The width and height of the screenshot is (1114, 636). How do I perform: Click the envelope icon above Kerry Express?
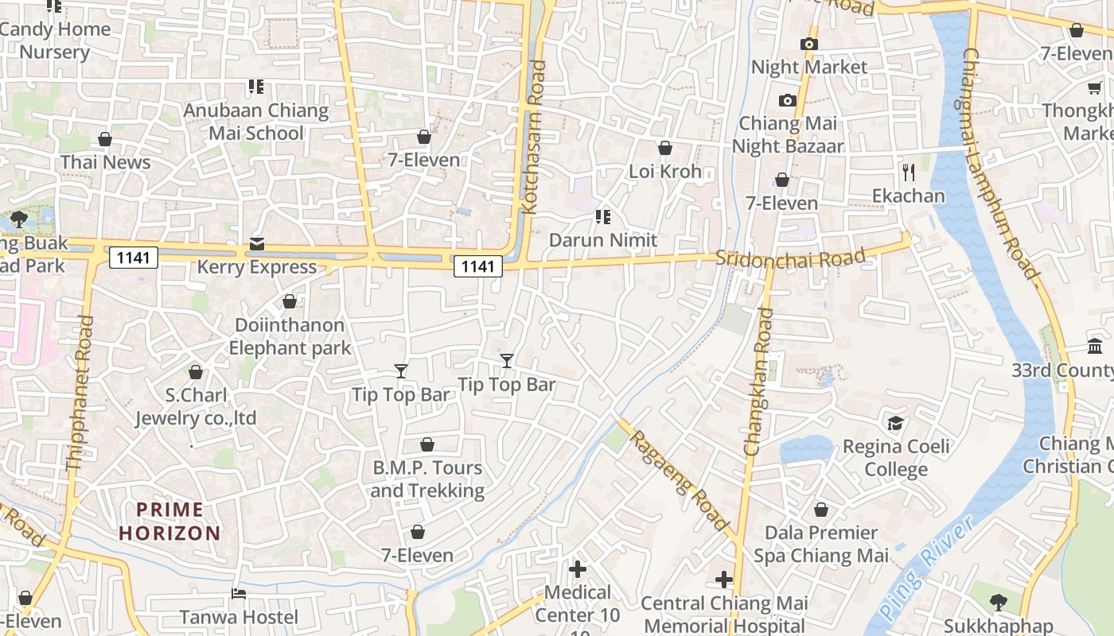pos(257,244)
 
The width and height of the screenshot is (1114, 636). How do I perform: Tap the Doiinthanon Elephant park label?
pos(290,336)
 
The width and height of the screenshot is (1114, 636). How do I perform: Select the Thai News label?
pos(105,162)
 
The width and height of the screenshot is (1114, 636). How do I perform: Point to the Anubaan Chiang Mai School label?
pos(256,122)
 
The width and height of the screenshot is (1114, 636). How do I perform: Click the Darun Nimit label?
pos(603,240)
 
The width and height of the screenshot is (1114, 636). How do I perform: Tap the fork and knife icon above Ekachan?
pos(908,172)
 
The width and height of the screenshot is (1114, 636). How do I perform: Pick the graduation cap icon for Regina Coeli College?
pos(896,422)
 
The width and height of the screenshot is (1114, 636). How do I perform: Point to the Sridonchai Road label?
pos(789,258)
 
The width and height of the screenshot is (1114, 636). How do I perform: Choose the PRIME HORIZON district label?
pos(169,522)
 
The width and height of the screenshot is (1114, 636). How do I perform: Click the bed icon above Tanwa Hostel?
pos(238,594)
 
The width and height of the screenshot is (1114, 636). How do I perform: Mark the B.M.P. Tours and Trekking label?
pos(427,479)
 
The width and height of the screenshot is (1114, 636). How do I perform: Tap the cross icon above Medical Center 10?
pos(578,569)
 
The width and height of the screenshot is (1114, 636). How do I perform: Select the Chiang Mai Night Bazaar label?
pos(787,134)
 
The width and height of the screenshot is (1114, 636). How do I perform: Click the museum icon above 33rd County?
pos(1094,347)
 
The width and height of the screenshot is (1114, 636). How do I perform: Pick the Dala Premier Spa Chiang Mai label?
pos(821,544)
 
